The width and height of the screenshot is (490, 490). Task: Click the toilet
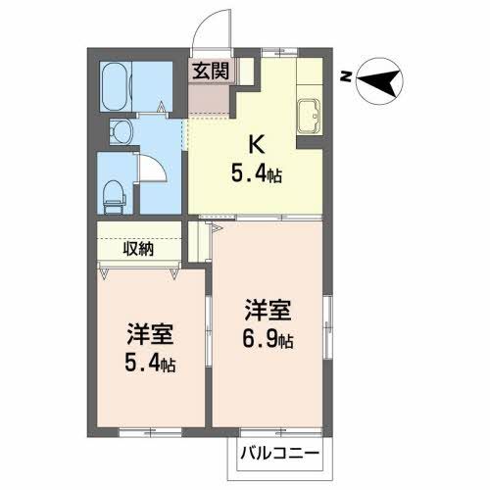click(116, 191)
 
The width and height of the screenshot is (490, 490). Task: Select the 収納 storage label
click(138, 248)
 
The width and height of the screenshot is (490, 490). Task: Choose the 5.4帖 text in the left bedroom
click(149, 365)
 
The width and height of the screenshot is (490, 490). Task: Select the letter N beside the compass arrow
click(345, 75)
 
